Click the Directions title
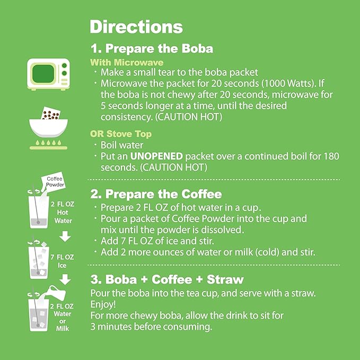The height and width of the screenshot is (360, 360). click(x=136, y=27)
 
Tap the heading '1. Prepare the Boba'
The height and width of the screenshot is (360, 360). click(x=152, y=49)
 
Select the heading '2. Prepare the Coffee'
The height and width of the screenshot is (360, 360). click(x=156, y=194)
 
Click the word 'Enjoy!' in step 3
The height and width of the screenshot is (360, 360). click(x=103, y=304)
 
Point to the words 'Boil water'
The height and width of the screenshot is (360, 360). click(x=122, y=145)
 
